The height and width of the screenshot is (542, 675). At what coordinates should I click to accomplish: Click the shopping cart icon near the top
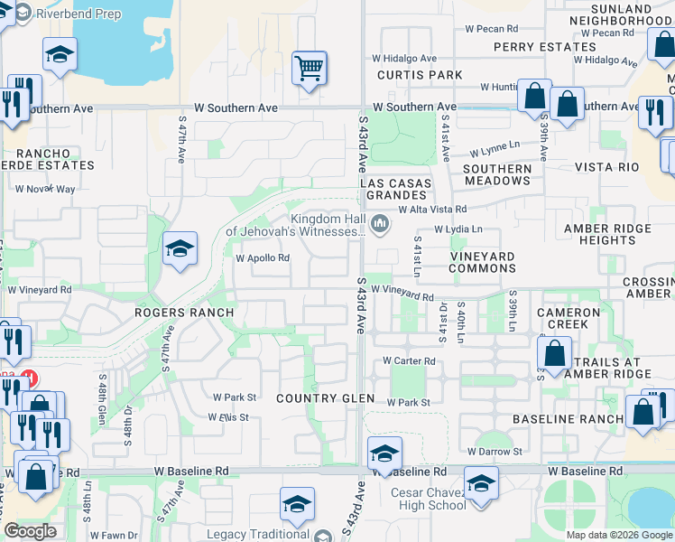pos(310,67)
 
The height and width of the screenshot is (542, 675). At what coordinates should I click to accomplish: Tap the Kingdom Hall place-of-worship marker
pos(381,222)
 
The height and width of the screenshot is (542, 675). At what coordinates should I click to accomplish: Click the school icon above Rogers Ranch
pos(180,248)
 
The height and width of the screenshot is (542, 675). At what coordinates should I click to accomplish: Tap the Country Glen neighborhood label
pos(325,398)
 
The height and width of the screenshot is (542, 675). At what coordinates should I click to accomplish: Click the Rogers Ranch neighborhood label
pos(184,313)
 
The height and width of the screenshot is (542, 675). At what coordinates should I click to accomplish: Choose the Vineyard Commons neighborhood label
pos(482,263)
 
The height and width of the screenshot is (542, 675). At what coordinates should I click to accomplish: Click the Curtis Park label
pos(420,75)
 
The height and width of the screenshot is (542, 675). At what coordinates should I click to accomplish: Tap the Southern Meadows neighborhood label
pos(497,174)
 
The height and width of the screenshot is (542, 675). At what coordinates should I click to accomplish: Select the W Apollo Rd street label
pos(263,257)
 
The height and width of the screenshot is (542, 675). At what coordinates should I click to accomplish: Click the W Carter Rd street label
pos(410,360)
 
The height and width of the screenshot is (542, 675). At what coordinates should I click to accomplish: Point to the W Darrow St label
pos(495,451)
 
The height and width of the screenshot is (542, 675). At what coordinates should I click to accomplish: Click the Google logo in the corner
pos(31,530)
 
